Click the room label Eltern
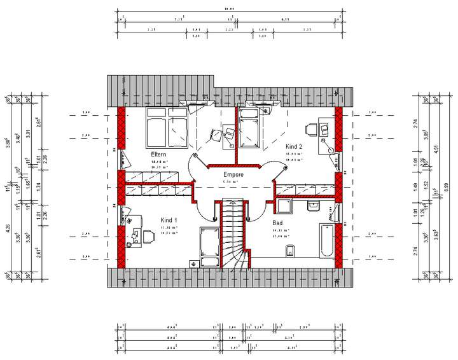pos(158,155)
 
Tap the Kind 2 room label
pos(293,146)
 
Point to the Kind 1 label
pos(169,219)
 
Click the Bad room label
pos(278,223)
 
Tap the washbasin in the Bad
pos(314,205)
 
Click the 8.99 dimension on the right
pos(444,188)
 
